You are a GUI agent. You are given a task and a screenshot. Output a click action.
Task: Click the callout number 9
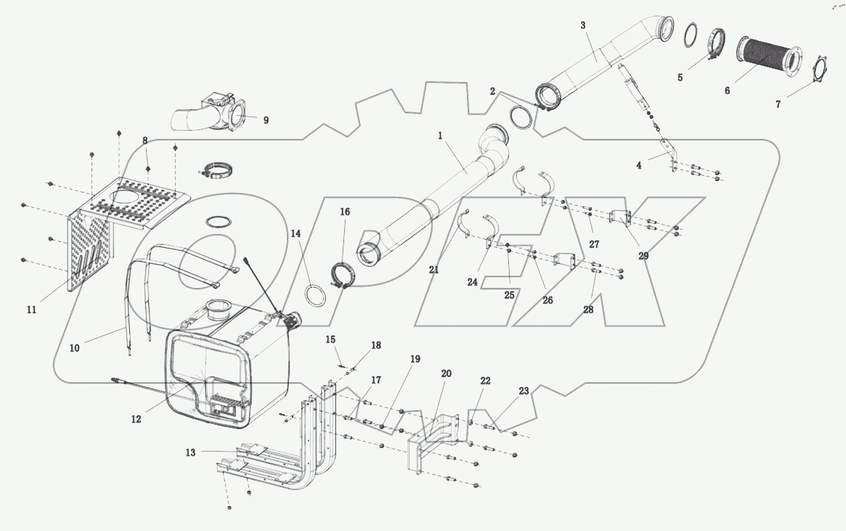[x=266, y=121]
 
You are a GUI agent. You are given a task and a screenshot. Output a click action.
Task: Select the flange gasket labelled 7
[x=820, y=69]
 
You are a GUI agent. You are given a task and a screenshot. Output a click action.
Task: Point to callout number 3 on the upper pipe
[x=583, y=25]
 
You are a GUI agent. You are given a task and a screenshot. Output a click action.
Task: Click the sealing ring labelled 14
[x=316, y=296]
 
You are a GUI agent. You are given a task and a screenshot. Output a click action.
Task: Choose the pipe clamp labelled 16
[x=344, y=275]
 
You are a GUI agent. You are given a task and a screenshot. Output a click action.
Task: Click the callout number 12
[x=136, y=419]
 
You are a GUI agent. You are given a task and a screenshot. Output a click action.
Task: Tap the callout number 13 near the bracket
[x=190, y=453]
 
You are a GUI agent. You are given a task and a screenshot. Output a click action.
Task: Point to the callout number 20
[x=446, y=374]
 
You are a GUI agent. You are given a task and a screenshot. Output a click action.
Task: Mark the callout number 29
[x=643, y=256]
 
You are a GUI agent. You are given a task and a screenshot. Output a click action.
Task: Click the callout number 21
[x=434, y=270]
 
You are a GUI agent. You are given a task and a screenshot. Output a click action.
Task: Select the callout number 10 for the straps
[x=74, y=348]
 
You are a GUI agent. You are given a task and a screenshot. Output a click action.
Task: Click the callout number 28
[x=588, y=310]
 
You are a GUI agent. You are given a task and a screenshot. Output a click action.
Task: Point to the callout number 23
[x=524, y=391]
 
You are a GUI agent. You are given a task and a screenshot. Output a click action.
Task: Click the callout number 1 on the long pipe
[x=440, y=136]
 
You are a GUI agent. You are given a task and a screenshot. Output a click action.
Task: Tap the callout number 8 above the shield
[x=145, y=141]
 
